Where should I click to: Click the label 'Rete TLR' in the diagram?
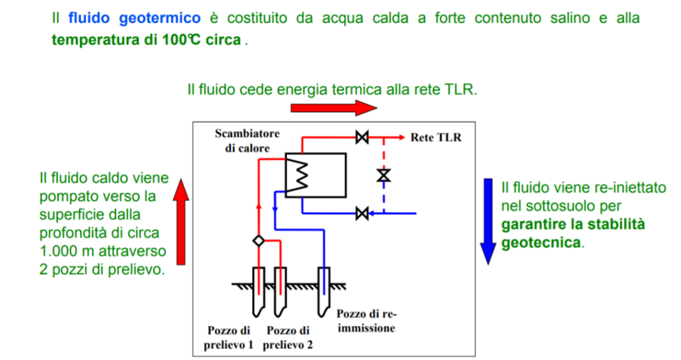[x=435, y=136]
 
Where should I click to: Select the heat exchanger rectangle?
[x=315, y=174]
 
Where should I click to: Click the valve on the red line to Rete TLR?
[x=361, y=136]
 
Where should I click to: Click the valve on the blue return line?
[x=361, y=212]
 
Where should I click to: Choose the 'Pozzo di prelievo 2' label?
[x=287, y=337]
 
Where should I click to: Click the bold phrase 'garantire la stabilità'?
[x=572, y=225]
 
